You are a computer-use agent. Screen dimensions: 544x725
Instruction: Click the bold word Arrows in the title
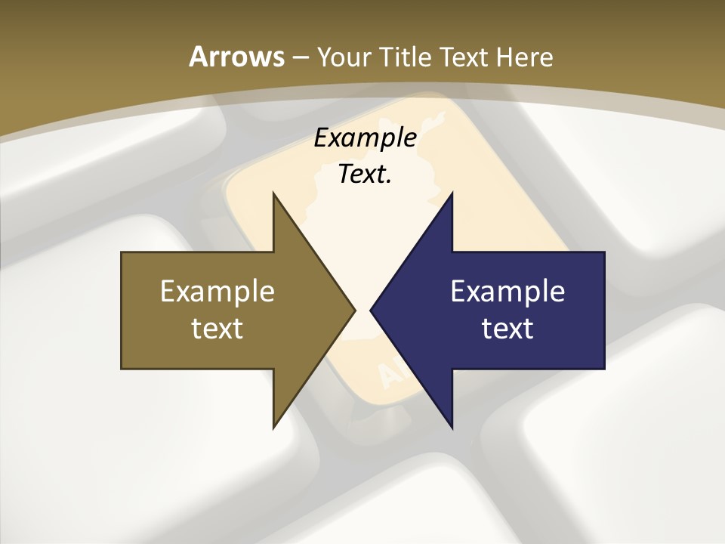236,57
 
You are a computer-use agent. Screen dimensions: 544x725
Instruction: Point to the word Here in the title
527,57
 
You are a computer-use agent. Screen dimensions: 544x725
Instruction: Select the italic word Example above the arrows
366,138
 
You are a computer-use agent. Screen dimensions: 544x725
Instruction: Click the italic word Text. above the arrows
365,174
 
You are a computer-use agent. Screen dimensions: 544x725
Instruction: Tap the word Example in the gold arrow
217,291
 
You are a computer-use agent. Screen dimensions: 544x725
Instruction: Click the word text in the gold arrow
217,328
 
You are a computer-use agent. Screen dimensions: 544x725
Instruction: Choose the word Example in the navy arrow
507,291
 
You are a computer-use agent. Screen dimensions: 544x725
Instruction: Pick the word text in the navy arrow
507,328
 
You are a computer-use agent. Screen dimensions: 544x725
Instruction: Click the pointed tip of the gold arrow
354,310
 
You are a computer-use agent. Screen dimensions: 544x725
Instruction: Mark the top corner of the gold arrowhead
274,193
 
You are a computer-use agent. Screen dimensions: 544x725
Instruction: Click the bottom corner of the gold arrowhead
274,427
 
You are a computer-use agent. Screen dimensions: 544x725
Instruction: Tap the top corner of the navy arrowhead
452,193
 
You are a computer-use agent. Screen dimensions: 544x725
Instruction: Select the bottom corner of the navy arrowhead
452,427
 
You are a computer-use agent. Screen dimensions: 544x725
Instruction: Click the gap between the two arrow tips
363,310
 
